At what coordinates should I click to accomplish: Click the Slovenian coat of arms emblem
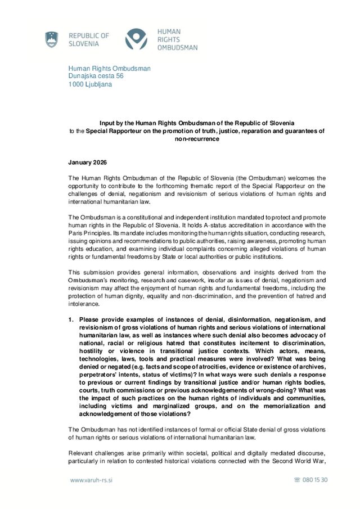[52, 39]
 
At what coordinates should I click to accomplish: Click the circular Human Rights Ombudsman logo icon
[136, 39]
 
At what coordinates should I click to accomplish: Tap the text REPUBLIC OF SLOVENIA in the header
[89, 39]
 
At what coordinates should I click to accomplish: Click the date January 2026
[87, 163]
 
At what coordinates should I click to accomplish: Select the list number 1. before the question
[71, 319]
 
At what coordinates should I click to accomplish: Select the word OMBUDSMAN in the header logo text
[177, 48]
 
